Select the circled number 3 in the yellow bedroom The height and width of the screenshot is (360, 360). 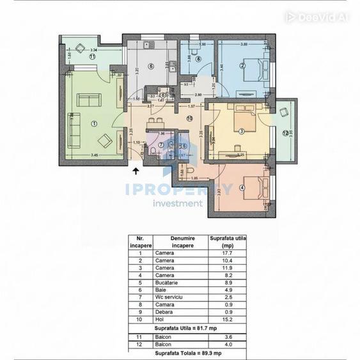(242, 131)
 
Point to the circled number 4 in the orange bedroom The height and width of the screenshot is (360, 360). (242, 187)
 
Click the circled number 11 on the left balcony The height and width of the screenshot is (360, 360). (92, 57)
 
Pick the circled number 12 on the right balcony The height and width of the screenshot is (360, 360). (285, 132)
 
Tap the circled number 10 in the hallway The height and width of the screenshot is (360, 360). (189, 118)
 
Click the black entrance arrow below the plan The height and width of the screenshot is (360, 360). (136, 170)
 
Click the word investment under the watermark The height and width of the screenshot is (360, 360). (178, 203)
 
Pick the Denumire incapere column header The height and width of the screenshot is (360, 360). (182, 241)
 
